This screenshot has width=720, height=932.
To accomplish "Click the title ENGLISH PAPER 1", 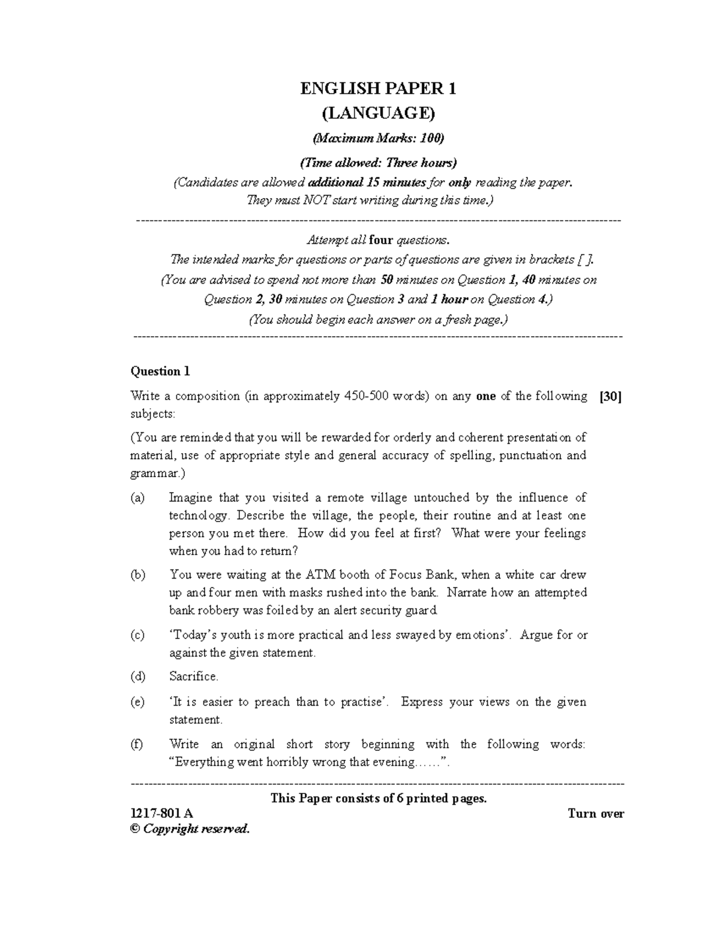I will point(378,89).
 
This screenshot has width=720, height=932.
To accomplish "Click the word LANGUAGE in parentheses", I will point(378,113).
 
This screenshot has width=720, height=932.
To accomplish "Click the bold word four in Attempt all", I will point(381,240).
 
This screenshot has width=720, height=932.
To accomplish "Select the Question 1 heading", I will point(160,371).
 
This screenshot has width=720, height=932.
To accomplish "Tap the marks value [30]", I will point(610,396).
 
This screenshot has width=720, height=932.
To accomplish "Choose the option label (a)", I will point(137,498).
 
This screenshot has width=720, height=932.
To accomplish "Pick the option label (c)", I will point(137,635).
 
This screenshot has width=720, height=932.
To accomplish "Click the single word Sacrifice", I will point(193,676).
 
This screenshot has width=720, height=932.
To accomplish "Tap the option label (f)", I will point(137,744).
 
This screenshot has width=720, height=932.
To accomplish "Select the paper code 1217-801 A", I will point(161,814).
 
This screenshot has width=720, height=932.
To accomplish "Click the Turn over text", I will point(595,814).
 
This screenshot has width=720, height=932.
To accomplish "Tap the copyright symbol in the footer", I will point(134,829).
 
